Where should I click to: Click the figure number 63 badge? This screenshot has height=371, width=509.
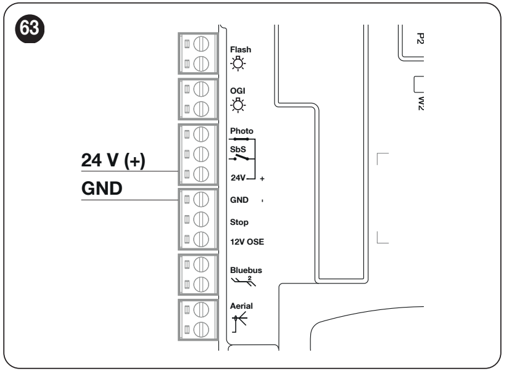[30, 28]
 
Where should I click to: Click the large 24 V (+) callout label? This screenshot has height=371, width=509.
[113, 160]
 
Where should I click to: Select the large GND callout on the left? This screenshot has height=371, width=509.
[102, 189]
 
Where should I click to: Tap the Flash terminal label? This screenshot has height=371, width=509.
[241, 50]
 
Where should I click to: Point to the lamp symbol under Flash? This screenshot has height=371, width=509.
[238, 63]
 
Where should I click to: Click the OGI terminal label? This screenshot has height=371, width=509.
[238, 91]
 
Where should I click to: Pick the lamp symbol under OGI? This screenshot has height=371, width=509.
[238, 105]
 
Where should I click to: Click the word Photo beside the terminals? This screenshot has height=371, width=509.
[241, 131]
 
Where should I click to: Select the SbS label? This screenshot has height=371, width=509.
[238, 150]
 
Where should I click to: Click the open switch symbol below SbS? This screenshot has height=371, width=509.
[241, 158]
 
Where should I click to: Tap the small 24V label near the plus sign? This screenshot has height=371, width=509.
[238, 177]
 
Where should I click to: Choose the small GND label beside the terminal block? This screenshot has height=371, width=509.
[239, 200]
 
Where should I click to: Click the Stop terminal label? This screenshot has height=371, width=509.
[239, 222]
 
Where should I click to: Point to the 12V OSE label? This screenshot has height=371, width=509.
[247, 242]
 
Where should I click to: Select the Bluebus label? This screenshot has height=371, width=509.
[246, 270]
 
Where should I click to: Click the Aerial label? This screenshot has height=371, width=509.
[241, 306]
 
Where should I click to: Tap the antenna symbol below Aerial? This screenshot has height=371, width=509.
[239, 322]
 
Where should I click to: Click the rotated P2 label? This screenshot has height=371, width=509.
[420, 38]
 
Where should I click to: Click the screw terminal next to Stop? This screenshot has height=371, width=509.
[201, 219]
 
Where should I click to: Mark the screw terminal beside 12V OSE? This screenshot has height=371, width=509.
[201, 239]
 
